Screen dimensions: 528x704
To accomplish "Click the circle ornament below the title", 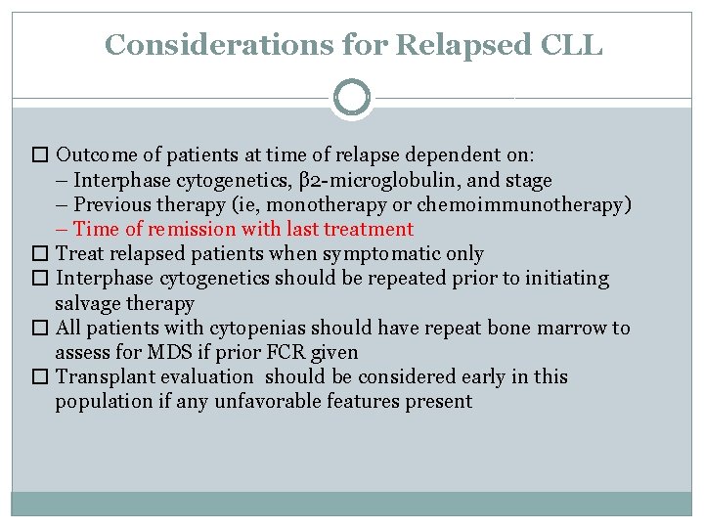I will click(352, 98).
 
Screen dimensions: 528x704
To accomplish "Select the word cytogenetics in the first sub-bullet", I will click(210, 181).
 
